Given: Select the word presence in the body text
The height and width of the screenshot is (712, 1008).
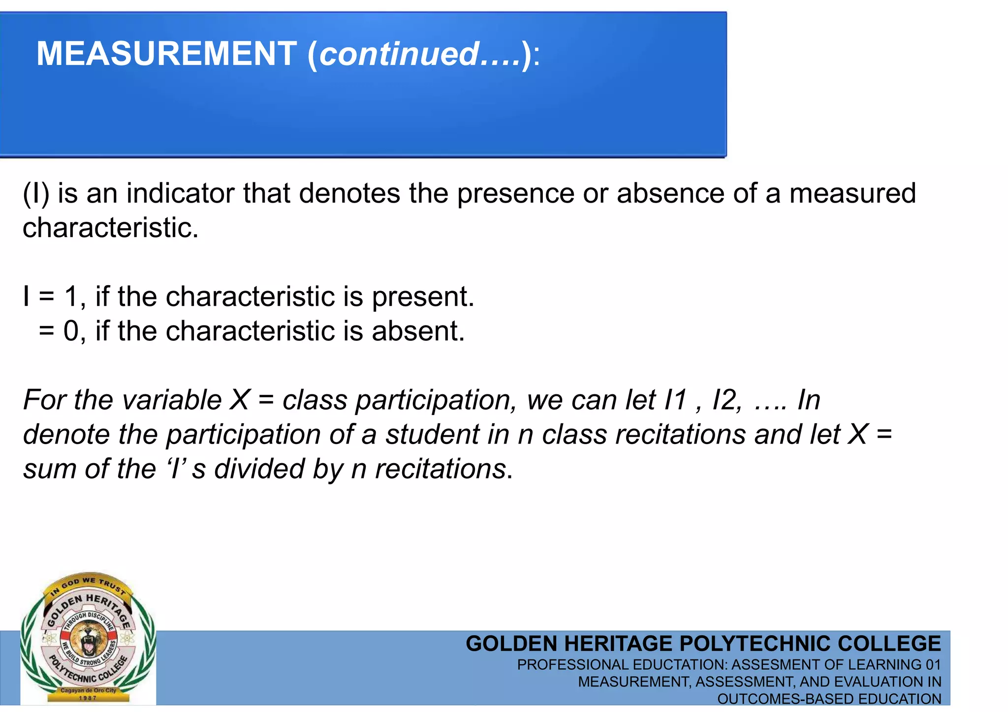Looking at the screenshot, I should (515, 193).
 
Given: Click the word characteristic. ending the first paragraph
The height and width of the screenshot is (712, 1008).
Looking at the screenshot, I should (110, 228).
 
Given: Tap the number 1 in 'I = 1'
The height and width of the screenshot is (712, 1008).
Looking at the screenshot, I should (71, 297).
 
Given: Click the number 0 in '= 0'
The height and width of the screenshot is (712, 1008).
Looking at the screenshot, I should (71, 331).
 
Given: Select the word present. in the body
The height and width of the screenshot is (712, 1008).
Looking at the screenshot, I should (423, 297).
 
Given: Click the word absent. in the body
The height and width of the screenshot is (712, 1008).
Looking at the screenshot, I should (418, 331).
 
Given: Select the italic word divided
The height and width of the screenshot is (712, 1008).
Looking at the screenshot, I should (259, 469).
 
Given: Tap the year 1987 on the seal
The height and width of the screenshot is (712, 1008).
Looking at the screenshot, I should (88, 698).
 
